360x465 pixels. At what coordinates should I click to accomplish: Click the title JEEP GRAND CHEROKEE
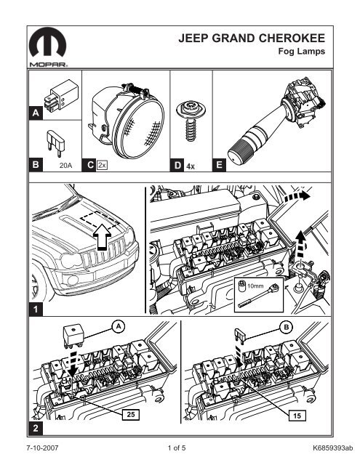pyautogui.click(x=252, y=39)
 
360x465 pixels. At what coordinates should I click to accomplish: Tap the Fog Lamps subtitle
pyautogui.click(x=301, y=52)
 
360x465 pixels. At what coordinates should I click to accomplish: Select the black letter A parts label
pyautogui.click(x=36, y=113)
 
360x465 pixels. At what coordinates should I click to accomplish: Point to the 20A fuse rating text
pyautogui.click(x=65, y=166)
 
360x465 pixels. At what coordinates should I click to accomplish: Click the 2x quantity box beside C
pyautogui.click(x=102, y=165)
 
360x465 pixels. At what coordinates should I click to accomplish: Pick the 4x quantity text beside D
pyautogui.click(x=191, y=166)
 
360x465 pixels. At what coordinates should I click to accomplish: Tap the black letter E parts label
pyautogui.click(x=219, y=165)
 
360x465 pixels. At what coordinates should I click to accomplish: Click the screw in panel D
pyautogui.click(x=191, y=121)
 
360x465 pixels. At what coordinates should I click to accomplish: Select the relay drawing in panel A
pyautogui.click(x=61, y=95)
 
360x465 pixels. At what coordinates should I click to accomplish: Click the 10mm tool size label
pyautogui.click(x=255, y=286)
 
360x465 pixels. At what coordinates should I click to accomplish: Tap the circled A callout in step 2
pyautogui.click(x=119, y=326)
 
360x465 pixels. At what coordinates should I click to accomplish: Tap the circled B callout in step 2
pyautogui.click(x=287, y=327)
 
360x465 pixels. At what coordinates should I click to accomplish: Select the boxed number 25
pyautogui.click(x=131, y=414)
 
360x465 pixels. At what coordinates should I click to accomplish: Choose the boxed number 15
pyautogui.click(x=297, y=416)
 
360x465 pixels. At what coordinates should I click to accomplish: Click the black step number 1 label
pyautogui.click(x=36, y=310)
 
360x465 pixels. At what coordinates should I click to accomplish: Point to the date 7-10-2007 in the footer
pyautogui.click(x=42, y=448)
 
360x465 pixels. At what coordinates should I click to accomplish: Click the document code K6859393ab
pyautogui.click(x=333, y=448)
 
